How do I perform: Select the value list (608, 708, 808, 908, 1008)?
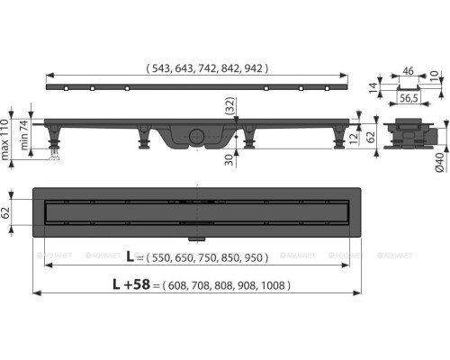pos(220,285)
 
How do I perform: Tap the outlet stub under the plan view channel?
pos(194,238)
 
